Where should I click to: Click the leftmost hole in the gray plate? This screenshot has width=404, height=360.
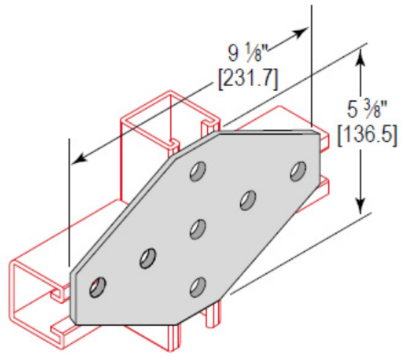[x=97, y=287]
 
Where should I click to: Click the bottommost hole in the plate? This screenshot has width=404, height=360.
[x=197, y=285]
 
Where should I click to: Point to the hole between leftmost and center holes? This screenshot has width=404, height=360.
[x=148, y=258]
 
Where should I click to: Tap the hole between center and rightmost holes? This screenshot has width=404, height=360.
[x=248, y=200]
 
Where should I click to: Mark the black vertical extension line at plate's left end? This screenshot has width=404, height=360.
[x=69, y=198]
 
